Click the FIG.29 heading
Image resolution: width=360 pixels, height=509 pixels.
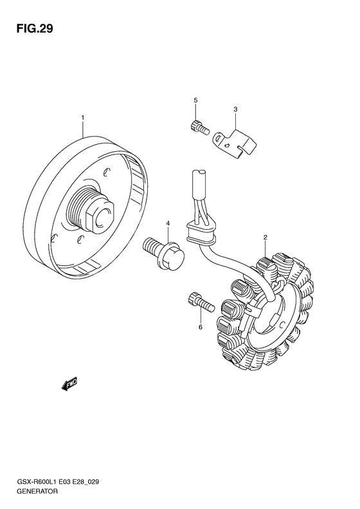(x=34, y=29)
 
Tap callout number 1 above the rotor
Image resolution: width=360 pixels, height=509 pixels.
(x=83, y=117)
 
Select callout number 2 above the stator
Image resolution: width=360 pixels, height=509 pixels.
(x=265, y=237)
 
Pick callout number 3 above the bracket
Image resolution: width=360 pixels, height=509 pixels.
(x=235, y=109)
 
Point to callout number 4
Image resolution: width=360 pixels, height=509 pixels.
(x=168, y=223)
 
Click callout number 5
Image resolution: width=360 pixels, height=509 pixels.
(x=195, y=100)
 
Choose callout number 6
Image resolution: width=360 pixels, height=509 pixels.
(x=201, y=327)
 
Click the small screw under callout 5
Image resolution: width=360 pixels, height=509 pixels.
(x=199, y=128)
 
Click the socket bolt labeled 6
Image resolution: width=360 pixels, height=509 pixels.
(x=201, y=301)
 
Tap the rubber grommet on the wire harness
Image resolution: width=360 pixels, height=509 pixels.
(x=201, y=232)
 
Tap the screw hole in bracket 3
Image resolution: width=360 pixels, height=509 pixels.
(x=219, y=139)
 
